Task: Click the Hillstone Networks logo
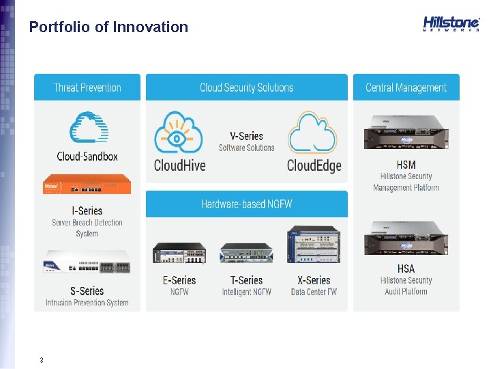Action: coord(451,24)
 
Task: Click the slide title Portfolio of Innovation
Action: coord(108,27)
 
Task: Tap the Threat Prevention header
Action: coord(87,87)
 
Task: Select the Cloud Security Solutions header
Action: coord(246,87)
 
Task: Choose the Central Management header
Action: coord(406,87)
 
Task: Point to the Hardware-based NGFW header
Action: coord(246,204)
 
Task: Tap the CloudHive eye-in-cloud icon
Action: coord(179,134)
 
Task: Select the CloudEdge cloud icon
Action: coord(312,134)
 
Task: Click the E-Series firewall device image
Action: coord(179,252)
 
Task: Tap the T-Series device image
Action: coord(246,253)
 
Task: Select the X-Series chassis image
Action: coord(313,245)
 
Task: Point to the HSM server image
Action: coord(406,132)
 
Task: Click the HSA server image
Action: coord(406,238)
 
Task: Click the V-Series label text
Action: coord(246,136)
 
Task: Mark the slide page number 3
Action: coord(42,359)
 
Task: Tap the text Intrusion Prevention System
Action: coord(87,303)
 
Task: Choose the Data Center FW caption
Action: coord(314,292)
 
